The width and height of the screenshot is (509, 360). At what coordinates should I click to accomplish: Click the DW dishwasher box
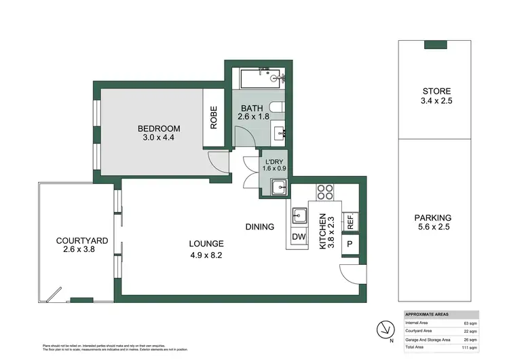[299, 236]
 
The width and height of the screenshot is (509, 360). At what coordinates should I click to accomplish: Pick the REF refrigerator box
[351, 221]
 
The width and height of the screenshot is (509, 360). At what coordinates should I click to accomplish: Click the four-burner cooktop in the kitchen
[324, 192]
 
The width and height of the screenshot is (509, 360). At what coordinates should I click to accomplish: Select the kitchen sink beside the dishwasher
[299, 217]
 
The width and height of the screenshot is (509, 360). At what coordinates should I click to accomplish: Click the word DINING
[259, 227]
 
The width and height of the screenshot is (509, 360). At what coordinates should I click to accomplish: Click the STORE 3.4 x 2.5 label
[436, 96]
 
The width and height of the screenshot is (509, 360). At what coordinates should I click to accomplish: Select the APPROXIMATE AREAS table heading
[426, 314]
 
